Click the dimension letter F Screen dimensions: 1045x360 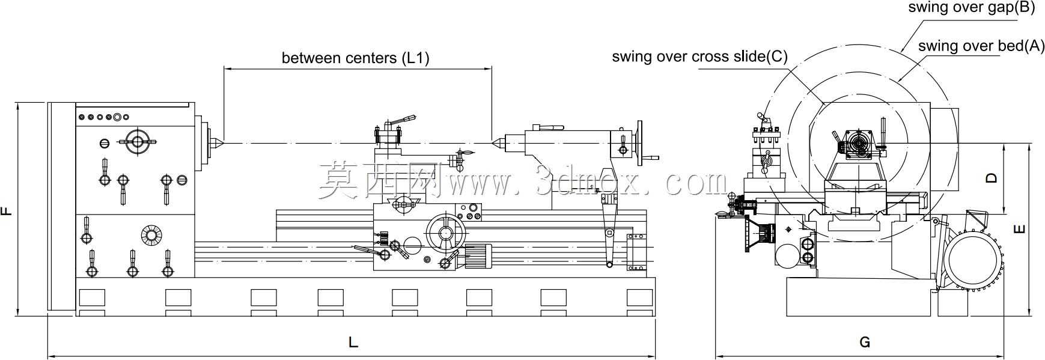[6, 210]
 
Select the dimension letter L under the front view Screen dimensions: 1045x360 [353, 343]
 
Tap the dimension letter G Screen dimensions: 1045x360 [865, 342]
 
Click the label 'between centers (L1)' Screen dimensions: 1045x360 [356, 58]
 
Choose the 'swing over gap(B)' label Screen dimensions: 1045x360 [971, 7]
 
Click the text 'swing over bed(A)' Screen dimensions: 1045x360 [981, 46]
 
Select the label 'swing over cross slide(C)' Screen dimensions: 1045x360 [699, 56]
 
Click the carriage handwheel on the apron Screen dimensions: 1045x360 [445, 233]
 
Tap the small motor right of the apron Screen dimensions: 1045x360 [478, 257]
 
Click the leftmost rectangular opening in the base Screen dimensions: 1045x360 [91, 297]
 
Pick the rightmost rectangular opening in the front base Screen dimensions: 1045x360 [639, 297]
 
